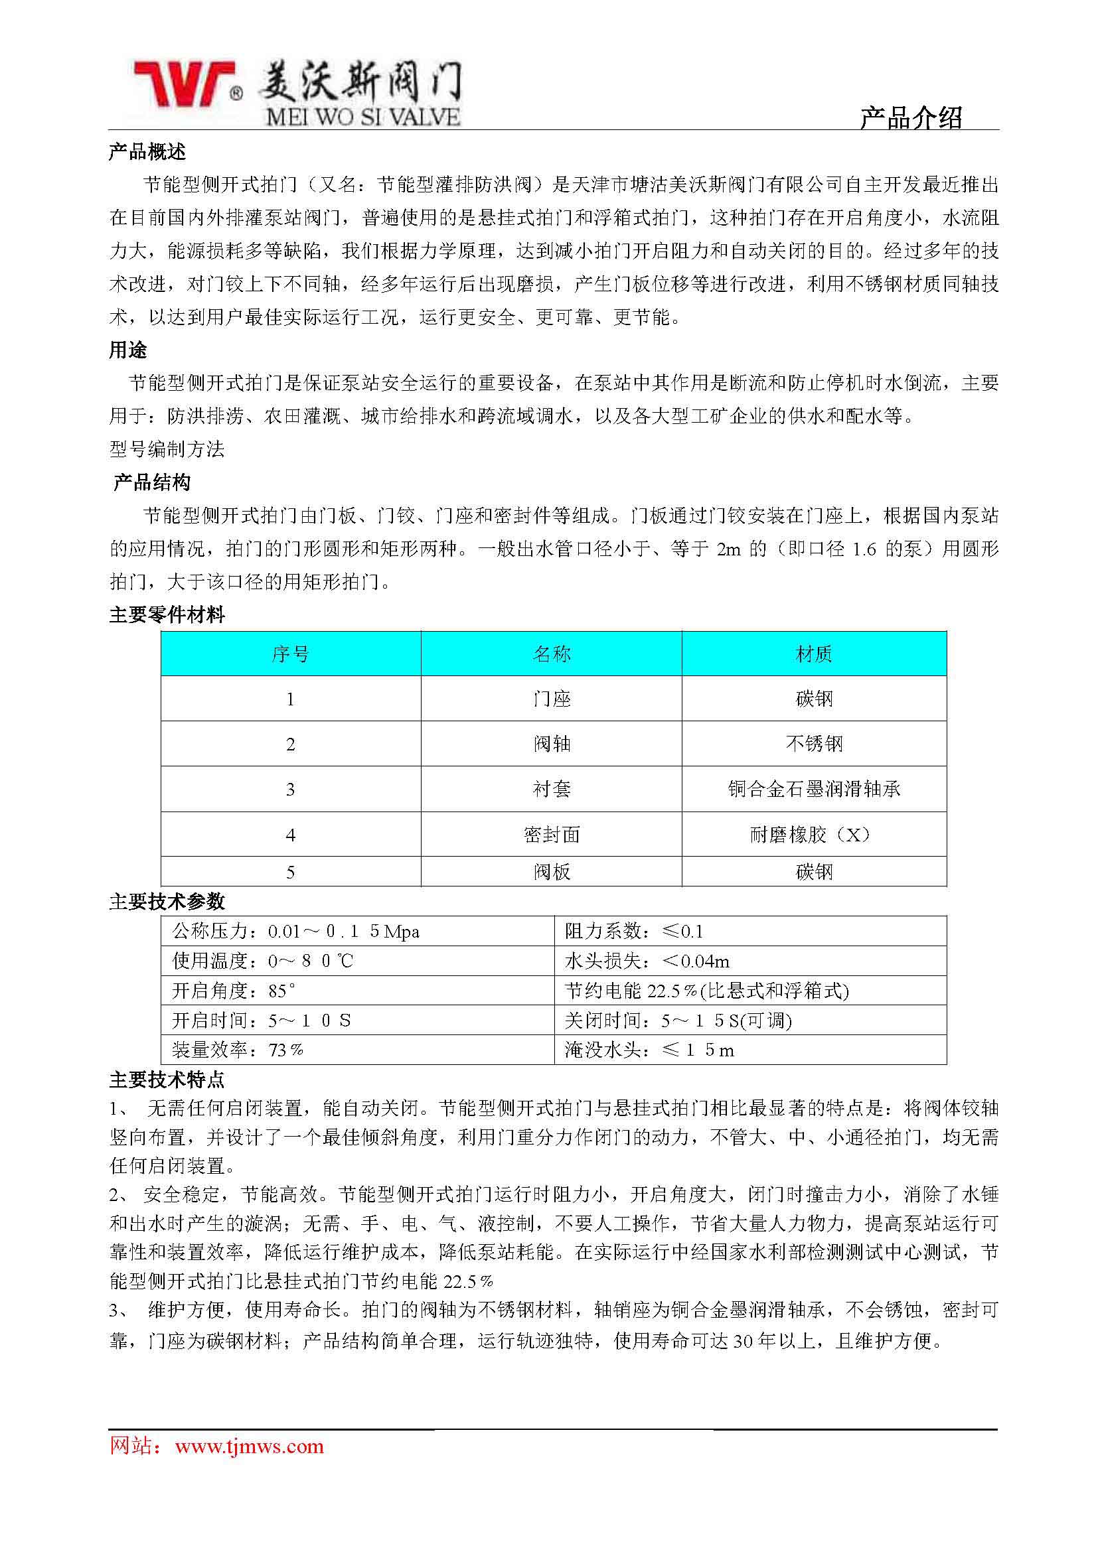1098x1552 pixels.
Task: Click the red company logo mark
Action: coord(183,85)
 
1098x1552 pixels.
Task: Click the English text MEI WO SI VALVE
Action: coord(363,117)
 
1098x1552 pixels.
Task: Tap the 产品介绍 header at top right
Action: coord(911,117)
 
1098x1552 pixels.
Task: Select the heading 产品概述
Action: coord(147,152)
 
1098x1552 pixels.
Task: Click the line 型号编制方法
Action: coord(167,449)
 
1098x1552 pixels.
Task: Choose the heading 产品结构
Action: coord(152,482)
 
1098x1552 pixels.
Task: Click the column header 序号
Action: coord(291,654)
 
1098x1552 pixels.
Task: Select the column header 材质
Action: coord(813,654)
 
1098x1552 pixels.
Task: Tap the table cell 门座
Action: coord(551,698)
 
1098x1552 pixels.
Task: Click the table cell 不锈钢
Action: coord(813,744)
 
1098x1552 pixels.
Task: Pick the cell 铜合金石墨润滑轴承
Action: coord(813,789)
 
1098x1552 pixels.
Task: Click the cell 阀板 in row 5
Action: coord(551,872)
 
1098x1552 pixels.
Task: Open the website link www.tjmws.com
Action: coord(250,1446)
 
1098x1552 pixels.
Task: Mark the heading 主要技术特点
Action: coord(167,1080)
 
